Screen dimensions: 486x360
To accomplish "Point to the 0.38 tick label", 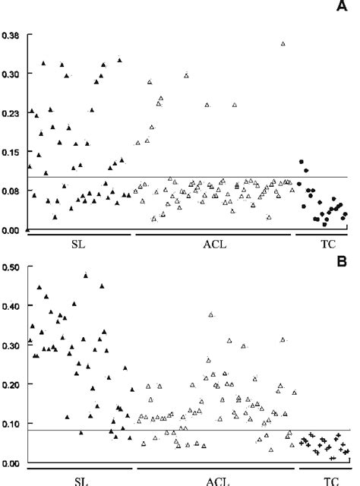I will (x=12, y=35).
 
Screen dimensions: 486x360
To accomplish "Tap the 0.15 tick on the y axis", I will (x=12, y=152).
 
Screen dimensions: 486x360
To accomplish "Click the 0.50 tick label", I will (x=12, y=267).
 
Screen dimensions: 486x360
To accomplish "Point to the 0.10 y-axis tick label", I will (x=12, y=424).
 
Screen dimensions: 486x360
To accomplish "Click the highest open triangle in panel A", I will (x=283, y=44).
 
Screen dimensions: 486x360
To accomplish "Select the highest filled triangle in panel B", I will (x=87, y=276).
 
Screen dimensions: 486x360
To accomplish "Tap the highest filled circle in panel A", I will (x=302, y=163).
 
